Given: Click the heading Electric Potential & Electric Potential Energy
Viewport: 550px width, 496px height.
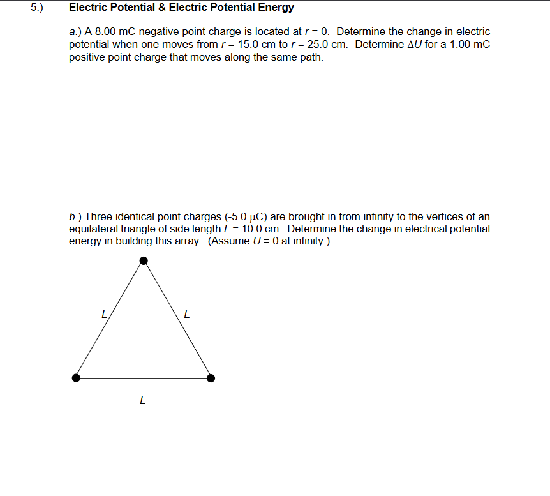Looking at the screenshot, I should (x=181, y=8).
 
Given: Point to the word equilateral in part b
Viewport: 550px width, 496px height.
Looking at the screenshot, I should (x=95, y=229).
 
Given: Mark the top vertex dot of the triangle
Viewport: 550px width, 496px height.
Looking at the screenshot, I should (x=144, y=260).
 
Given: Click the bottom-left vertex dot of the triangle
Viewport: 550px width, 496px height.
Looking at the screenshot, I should (x=77, y=378).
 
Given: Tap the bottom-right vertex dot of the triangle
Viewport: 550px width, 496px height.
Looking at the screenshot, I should (x=211, y=378).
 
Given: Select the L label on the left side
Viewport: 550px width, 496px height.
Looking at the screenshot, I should (x=104, y=314).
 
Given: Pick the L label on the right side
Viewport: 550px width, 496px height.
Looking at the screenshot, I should (x=186, y=314).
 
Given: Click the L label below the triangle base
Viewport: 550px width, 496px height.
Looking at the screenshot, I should (x=142, y=402).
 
